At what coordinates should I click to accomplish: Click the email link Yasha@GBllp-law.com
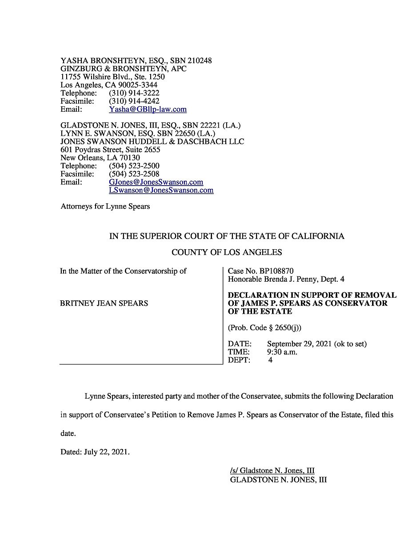click(148, 109)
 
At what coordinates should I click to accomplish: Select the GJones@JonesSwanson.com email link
click(156, 182)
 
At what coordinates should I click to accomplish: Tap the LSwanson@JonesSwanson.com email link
click(161, 190)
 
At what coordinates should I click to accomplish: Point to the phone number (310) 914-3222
click(134, 93)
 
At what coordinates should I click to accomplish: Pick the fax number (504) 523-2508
click(134, 174)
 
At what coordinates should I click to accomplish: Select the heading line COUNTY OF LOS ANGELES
click(227, 252)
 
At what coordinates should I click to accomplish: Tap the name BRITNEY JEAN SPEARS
click(104, 303)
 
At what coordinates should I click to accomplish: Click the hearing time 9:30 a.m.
click(282, 352)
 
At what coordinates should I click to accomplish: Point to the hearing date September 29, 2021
click(299, 344)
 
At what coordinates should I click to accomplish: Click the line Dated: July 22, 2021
click(95, 452)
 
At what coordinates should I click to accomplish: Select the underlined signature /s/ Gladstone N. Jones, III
click(272, 471)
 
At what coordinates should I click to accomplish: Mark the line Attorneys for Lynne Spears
click(105, 206)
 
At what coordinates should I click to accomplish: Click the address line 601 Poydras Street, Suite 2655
click(110, 150)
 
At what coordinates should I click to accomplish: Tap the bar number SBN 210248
click(191, 61)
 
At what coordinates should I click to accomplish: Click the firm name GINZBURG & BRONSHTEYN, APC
click(124, 69)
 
